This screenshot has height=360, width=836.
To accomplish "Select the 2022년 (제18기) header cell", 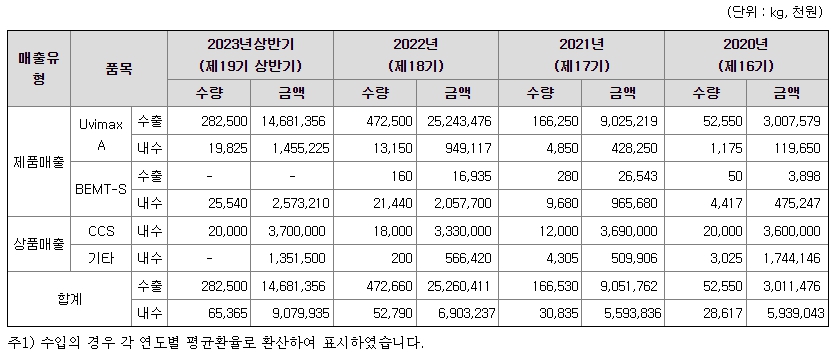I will click(416, 53).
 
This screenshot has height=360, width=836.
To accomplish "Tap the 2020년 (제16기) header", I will click(745, 53).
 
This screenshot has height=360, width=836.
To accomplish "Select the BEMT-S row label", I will click(101, 187).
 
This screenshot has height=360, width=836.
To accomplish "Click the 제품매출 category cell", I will click(38, 160).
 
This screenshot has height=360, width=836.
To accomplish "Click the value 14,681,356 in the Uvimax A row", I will click(290, 120).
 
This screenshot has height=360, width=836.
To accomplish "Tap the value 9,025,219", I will click(621, 120).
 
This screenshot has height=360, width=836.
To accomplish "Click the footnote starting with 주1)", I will click(215, 343).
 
